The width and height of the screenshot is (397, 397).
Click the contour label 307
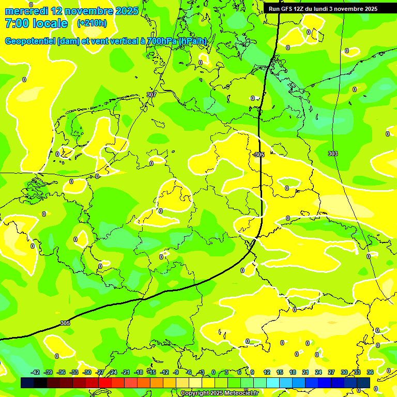(151, 95)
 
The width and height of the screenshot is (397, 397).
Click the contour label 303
(333, 154)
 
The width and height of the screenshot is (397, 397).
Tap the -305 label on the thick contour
(259, 154)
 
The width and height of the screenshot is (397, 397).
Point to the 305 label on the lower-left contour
(65, 323)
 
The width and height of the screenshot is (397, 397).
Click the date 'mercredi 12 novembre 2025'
(72, 11)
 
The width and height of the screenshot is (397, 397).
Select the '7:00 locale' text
(36, 23)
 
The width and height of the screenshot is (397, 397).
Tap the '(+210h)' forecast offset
(92, 23)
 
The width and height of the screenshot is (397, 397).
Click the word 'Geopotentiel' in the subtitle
(31, 41)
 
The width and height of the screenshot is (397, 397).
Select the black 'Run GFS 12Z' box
(323, 9)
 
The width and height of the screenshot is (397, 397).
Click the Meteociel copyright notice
(220, 393)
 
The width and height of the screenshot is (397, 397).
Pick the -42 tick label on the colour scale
(36, 372)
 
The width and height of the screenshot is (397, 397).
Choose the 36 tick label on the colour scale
(370, 372)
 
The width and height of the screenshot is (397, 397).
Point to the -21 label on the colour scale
(126, 372)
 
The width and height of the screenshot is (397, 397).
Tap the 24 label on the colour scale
(318, 372)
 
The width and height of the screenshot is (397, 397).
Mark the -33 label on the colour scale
(74, 372)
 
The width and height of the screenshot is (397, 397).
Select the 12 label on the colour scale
(267, 372)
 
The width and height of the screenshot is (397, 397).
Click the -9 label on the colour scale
(176, 372)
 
